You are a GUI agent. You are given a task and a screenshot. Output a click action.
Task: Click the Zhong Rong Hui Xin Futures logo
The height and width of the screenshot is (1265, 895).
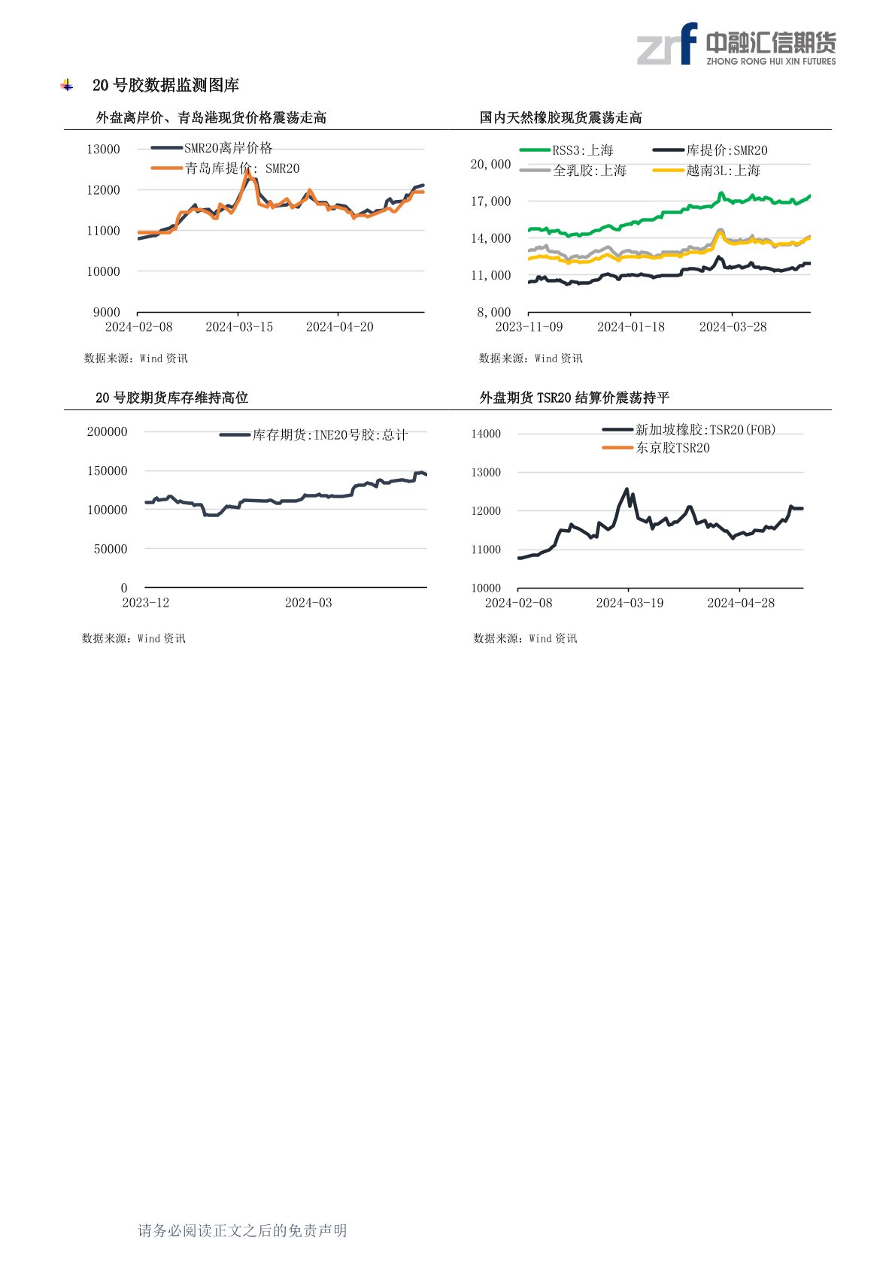coord(736,45)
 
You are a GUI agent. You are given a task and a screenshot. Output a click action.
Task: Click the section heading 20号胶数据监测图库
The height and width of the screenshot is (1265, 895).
coord(165,86)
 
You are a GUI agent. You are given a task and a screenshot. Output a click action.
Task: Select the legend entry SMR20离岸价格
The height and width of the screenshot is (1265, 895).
coord(228,148)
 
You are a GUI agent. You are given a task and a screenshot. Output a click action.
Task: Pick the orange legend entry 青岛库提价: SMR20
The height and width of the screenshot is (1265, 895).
coord(241,168)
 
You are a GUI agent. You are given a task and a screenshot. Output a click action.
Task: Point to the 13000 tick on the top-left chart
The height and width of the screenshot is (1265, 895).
coord(103,149)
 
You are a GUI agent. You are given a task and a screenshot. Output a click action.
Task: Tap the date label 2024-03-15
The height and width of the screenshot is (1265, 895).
coord(239,327)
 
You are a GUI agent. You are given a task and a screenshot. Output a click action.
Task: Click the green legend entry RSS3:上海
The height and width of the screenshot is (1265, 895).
coord(582,150)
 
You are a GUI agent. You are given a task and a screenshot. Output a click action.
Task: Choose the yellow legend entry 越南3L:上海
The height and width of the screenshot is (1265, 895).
coord(722,171)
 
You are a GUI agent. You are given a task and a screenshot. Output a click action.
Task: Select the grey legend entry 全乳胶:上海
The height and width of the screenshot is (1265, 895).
coord(589,171)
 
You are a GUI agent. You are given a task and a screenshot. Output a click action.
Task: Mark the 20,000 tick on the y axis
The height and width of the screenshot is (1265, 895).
coord(490,164)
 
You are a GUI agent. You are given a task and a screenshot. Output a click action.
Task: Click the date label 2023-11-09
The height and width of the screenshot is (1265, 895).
coord(529,327)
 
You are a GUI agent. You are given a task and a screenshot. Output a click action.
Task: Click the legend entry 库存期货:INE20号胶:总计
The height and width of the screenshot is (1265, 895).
coord(329,434)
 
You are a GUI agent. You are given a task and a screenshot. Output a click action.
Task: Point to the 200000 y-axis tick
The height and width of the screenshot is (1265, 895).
coord(108,431)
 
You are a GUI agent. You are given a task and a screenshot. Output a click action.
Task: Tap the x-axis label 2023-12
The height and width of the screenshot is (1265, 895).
coord(146,603)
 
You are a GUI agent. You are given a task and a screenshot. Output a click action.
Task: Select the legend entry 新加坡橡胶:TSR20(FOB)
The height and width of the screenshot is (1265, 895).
coord(705,429)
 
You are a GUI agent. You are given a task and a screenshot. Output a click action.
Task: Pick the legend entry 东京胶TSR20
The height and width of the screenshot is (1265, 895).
coord(672,448)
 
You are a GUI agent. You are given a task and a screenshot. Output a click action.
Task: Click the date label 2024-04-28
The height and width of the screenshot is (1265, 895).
coord(741,603)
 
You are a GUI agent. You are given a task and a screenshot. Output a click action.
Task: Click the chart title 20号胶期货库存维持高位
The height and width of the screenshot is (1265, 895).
coord(171,398)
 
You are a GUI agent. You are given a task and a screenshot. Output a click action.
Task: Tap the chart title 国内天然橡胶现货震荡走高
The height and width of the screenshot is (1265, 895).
coord(560,118)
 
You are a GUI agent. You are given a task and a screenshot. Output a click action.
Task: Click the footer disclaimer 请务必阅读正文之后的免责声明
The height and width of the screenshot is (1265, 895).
coord(242,1230)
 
